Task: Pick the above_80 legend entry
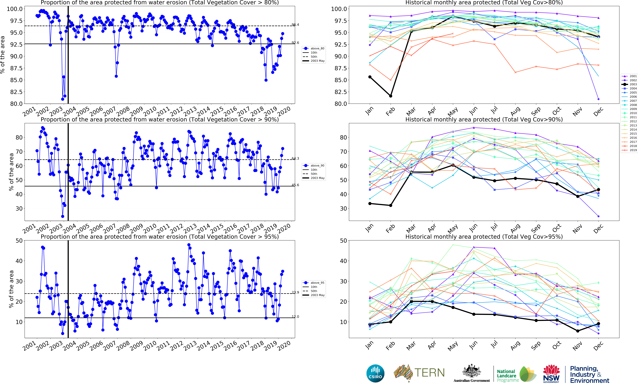click(x=314, y=48)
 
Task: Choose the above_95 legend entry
click(x=314, y=283)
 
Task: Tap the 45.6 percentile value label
click(x=295, y=185)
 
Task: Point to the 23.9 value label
click(x=295, y=292)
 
